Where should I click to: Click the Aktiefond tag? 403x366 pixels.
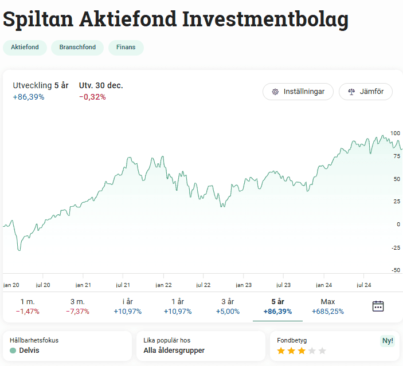(x=25, y=48)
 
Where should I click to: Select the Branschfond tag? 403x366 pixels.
(x=77, y=48)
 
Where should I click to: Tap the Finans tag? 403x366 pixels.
(x=126, y=48)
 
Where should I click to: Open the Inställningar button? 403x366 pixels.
(x=298, y=92)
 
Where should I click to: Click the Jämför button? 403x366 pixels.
(x=365, y=92)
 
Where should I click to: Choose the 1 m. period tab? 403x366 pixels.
(x=27, y=306)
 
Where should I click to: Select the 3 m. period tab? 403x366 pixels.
(x=77, y=306)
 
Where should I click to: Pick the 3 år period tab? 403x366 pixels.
(x=228, y=306)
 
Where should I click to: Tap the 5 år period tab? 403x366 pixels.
(x=277, y=306)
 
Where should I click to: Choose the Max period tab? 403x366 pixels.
(x=328, y=306)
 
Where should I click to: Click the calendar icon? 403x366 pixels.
(x=378, y=306)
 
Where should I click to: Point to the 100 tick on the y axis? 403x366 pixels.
(x=395, y=133)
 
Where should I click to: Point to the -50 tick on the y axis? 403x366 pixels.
(x=395, y=270)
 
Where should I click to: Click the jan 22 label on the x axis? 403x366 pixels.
(x=164, y=285)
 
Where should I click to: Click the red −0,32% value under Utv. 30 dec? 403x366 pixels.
(x=92, y=97)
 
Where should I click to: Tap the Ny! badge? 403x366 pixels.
(x=388, y=341)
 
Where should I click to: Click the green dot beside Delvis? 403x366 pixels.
(x=13, y=350)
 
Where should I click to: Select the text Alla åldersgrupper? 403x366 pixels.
(x=174, y=350)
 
